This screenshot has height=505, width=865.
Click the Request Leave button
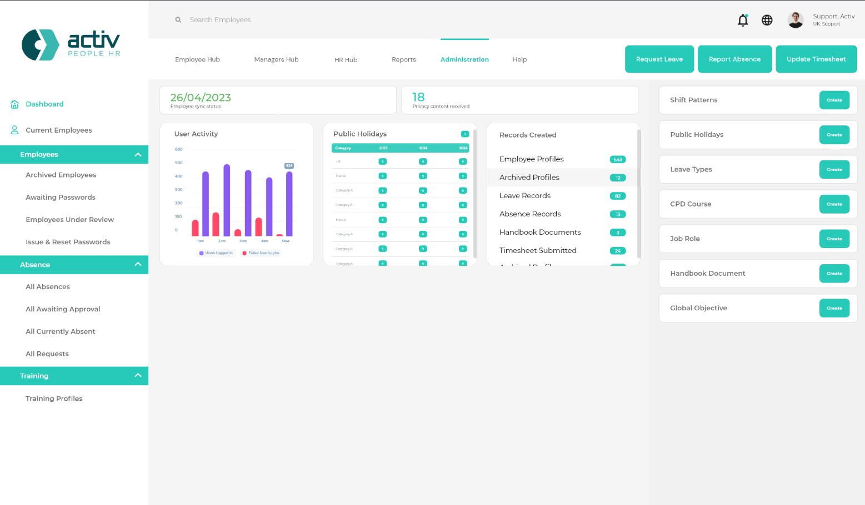[x=659, y=59]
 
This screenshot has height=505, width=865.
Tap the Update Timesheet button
[x=816, y=59]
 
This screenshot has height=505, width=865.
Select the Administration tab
[x=464, y=59]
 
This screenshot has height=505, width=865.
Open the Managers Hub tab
[x=276, y=59]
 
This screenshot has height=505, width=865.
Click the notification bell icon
[x=743, y=21]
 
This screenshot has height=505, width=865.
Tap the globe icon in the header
[x=767, y=20]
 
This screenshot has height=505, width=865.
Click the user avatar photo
[x=796, y=20]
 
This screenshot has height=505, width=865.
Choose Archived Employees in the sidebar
[x=61, y=175]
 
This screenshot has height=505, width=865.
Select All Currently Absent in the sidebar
[x=60, y=331]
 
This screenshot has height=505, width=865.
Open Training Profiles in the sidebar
[x=54, y=398]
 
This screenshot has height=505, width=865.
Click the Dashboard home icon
[x=15, y=104]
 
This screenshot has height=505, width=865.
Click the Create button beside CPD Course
[x=834, y=204]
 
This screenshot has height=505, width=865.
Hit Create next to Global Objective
[x=834, y=308]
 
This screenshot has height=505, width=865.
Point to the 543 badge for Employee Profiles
[x=618, y=159]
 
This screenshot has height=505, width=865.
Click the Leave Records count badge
[x=618, y=196]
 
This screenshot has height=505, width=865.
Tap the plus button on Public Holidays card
[x=465, y=134]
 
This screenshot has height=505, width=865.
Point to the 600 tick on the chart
[x=179, y=149]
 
